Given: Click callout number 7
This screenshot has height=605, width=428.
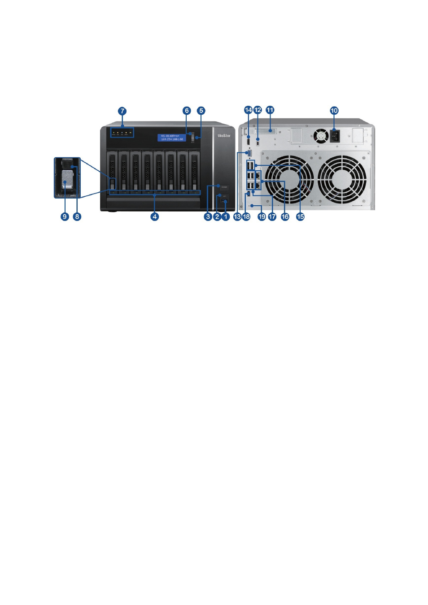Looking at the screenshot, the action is click(122, 111).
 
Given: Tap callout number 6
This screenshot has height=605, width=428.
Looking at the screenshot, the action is click(187, 111).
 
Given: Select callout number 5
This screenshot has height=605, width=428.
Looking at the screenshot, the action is click(201, 111).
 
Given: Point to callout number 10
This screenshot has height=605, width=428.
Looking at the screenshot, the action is click(334, 111).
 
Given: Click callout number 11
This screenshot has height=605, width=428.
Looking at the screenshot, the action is click(270, 110).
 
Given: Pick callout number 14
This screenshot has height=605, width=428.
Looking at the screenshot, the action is click(248, 110).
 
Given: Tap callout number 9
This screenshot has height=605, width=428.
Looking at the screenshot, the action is click(65, 217).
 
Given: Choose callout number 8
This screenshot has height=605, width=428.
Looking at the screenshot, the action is click(77, 217).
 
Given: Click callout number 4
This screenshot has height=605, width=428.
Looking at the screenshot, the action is click(155, 217).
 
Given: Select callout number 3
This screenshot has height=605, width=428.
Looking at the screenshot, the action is click(208, 217).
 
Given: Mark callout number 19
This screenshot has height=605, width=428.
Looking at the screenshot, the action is click(262, 217).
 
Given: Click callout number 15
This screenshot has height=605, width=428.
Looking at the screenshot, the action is click(301, 217).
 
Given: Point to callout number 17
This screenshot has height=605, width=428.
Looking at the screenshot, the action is click(272, 217).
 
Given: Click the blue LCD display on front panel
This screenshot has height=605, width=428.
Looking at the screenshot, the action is click(171, 138).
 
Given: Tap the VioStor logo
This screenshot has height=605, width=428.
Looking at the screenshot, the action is click(224, 135).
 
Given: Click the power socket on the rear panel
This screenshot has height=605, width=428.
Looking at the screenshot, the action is click(335, 135).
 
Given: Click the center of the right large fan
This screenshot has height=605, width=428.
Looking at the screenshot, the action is click(342, 180).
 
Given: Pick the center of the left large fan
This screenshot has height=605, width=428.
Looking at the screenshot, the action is click(289, 180).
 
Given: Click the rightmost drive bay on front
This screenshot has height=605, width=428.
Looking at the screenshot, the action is click(194, 171).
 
